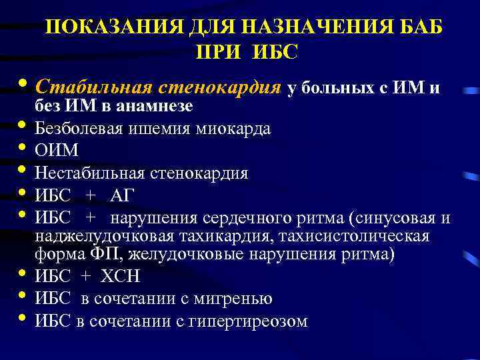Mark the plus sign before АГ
tap(91, 195)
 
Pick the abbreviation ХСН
tap(121, 277)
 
